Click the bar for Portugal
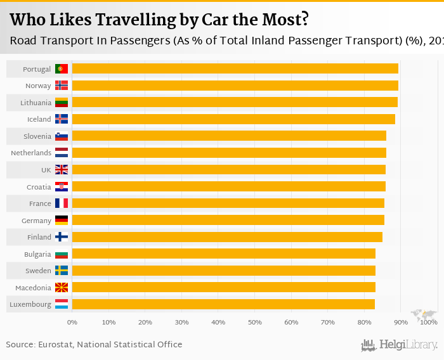click(235, 68)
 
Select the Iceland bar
click(233, 119)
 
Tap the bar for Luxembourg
click(223, 304)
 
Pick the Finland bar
click(227, 237)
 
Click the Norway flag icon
click(62, 86)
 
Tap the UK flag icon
click(62, 169)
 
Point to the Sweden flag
click(62, 271)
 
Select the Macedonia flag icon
click(62, 288)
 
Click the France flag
click(62, 203)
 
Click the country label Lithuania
click(36, 103)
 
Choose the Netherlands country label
click(31, 153)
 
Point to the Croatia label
click(39, 186)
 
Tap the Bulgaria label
click(37, 254)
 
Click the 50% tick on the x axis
click(254, 323)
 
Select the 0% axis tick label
click(72, 323)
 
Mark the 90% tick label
click(400, 323)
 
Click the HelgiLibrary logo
click(400, 345)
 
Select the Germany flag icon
click(62, 220)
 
